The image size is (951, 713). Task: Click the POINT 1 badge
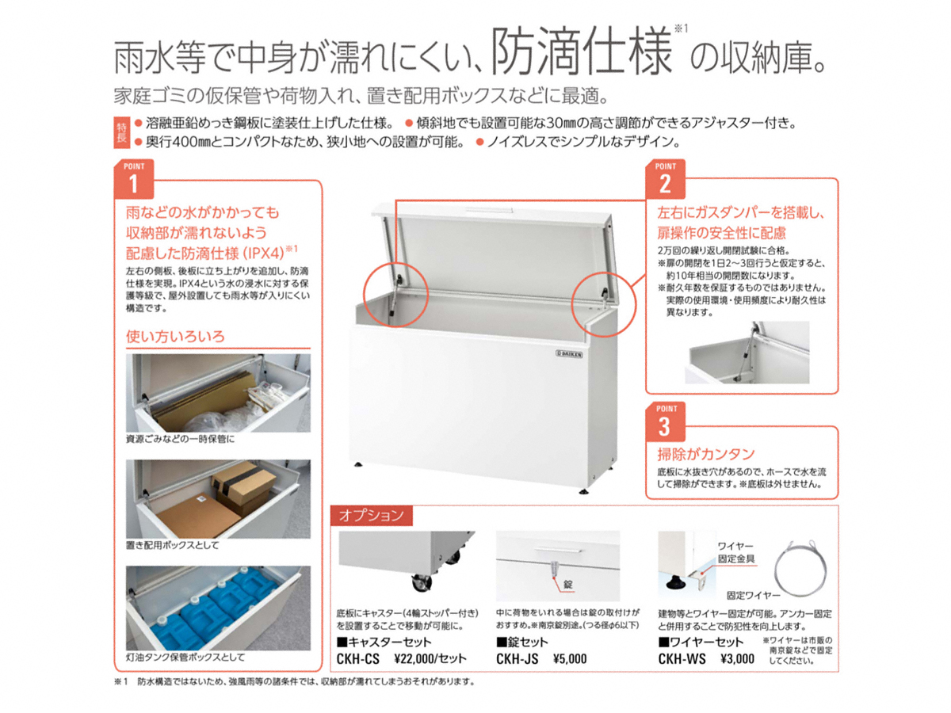pos(133,179)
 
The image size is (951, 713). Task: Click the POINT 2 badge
pos(665,179)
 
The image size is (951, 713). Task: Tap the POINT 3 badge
pos(665,421)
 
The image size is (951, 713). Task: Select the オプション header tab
pos(372,515)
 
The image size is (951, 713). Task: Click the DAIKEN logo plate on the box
pos(569,354)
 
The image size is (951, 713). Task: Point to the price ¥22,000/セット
pos(430,658)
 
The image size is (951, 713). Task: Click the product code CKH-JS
pos(517,659)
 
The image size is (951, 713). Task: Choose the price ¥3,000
pos(737,659)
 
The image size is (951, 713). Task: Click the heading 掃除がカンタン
pos(706,454)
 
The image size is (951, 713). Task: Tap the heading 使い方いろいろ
pos(175,337)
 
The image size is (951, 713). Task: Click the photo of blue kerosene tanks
pos(218,608)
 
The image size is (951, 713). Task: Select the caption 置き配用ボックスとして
pos(173,545)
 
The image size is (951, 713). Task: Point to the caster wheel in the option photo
pos(421,583)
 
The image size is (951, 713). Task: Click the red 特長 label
pos(122,133)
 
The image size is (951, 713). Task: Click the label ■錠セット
pos(521,642)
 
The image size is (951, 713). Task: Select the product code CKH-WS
pos(682,659)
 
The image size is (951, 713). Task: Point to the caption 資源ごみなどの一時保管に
pos(180,439)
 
